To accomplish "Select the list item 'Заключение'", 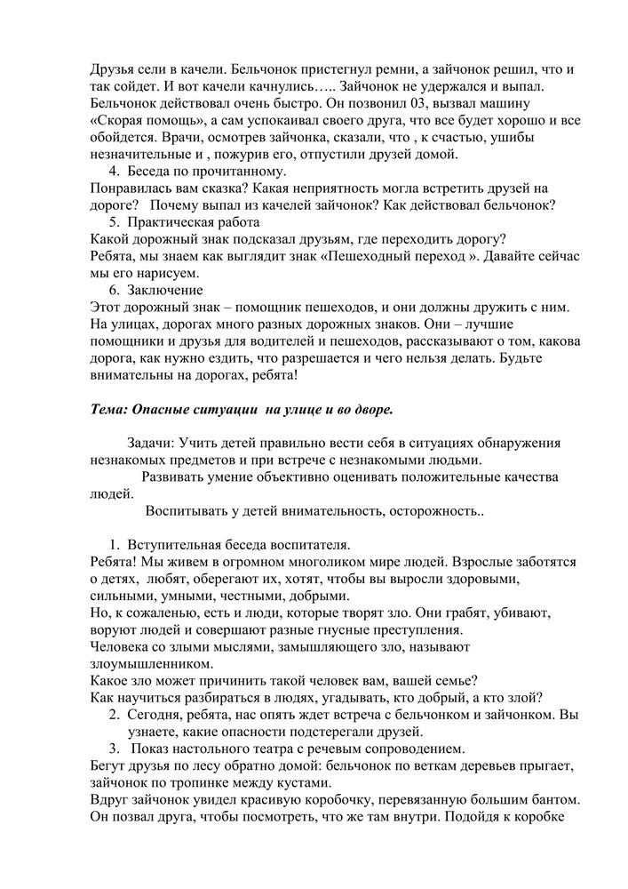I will pyautogui.click(x=165, y=291).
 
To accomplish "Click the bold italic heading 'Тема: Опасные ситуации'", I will pyautogui.click(x=242, y=410).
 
